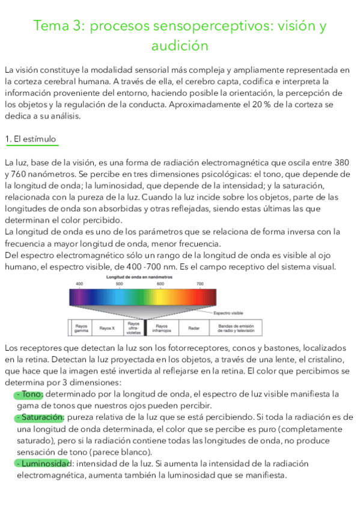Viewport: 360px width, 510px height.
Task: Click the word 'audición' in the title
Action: [180, 46]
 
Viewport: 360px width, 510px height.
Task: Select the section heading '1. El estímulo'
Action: [30, 140]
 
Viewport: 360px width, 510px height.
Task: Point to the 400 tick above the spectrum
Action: [79, 283]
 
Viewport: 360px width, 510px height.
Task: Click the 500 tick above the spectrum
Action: [120, 283]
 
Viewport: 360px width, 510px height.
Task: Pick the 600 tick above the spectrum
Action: [160, 283]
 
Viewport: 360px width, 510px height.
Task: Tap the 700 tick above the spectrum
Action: [200, 283]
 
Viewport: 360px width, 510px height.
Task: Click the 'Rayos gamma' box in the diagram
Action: [81, 328]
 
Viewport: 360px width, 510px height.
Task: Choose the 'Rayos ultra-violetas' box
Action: [133, 327]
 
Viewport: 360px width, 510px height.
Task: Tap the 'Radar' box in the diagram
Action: [193, 328]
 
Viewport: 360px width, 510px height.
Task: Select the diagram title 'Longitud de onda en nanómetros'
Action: [139, 277]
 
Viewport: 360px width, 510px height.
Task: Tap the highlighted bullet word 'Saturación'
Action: [40, 417]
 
